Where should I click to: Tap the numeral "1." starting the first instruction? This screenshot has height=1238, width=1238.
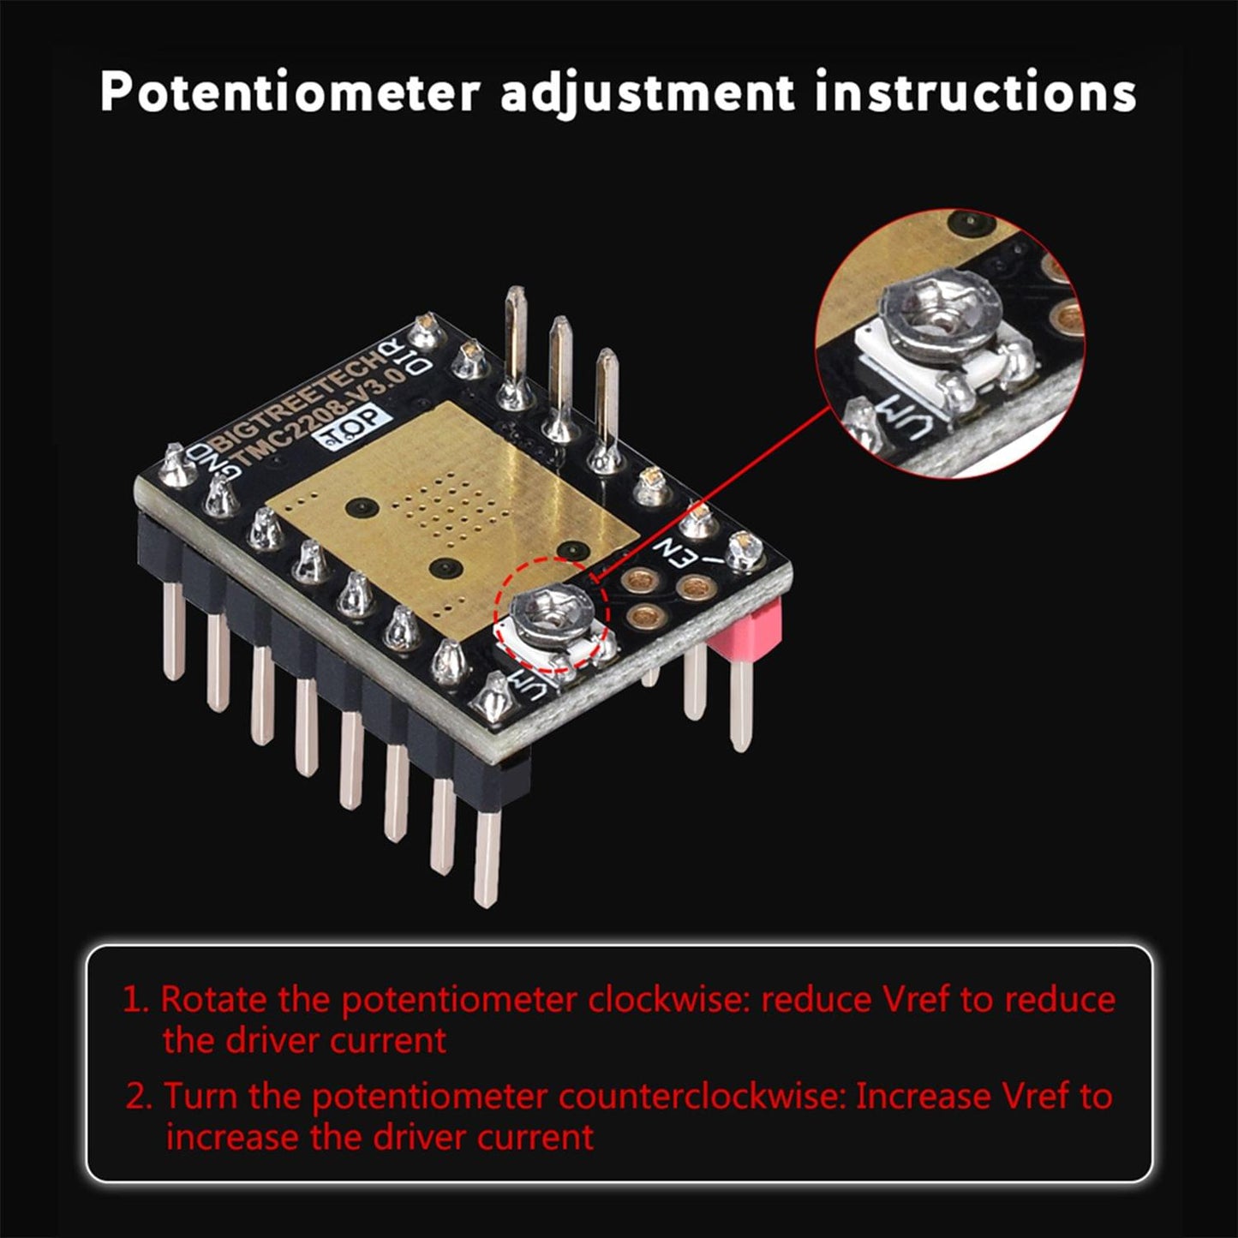tap(137, 1000)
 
